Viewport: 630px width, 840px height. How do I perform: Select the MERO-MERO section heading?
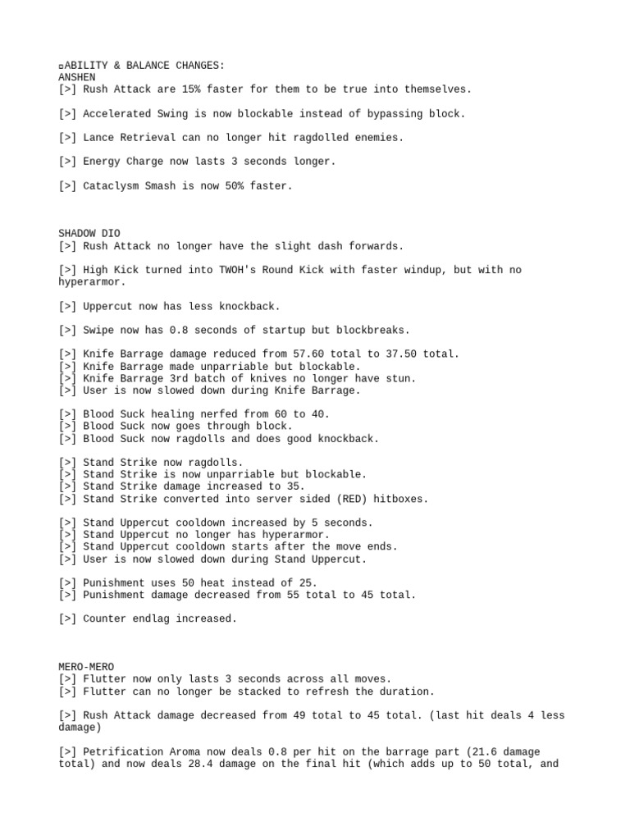[x=88, y=667]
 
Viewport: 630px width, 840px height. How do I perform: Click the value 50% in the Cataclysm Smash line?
[x=230, y=186]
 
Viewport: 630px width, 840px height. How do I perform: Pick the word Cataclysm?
[x=112, y=186]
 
